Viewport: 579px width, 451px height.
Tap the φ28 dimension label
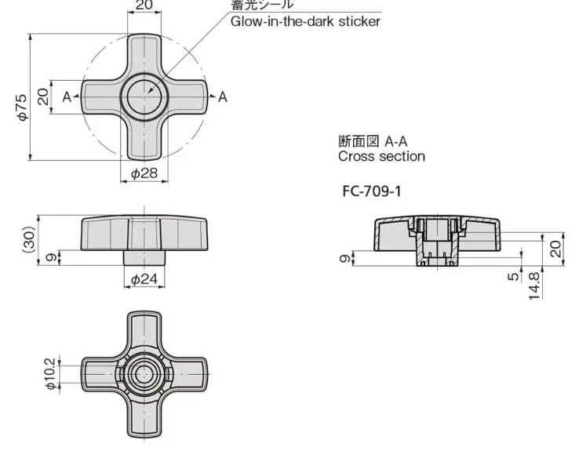(x=145, y=173)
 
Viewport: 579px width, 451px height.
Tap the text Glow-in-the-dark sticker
(x=304, y=21)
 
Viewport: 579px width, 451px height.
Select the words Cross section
(x=381, y=156)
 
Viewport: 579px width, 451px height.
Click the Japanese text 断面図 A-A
(x=373, y=142)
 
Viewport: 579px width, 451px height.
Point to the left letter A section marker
(x=67, y=96)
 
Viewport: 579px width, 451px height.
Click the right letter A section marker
(x=222, y=96)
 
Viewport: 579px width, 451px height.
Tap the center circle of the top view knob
(x=144, y=96)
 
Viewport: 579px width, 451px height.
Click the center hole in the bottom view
(x=144, y=374)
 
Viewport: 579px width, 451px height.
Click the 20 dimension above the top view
(x=144, y=5)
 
